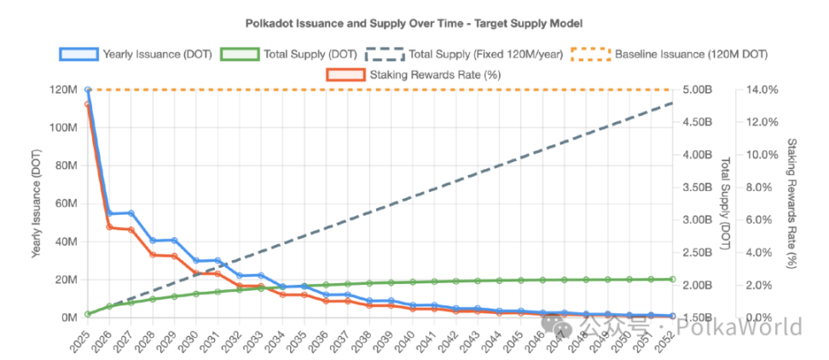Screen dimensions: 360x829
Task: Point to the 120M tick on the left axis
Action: click(66, 90)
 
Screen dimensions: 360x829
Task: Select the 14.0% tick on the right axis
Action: click(762, 90)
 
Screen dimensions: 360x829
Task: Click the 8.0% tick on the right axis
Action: click(762, 187)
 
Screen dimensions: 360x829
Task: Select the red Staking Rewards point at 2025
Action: click(88, 105)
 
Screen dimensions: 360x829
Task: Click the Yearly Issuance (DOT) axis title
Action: click(37, 203)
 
